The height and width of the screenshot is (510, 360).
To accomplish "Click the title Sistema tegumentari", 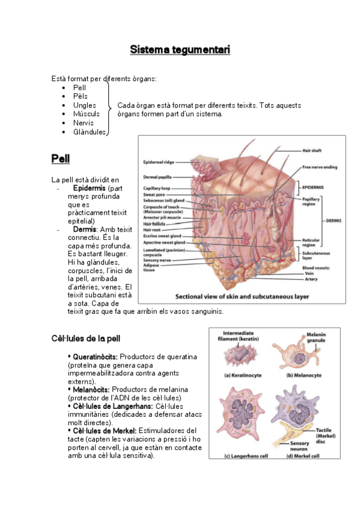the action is [180, 49].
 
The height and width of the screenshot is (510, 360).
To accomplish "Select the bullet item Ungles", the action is [84, 105].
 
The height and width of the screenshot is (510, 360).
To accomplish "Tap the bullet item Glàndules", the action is [90, 132].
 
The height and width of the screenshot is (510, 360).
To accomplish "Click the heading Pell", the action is [61, 159].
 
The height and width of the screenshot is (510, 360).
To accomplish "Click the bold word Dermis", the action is [84, 229].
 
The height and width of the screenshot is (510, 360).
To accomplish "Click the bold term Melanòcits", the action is [91, 389].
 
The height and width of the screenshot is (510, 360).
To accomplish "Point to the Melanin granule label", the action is [319, 339].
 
